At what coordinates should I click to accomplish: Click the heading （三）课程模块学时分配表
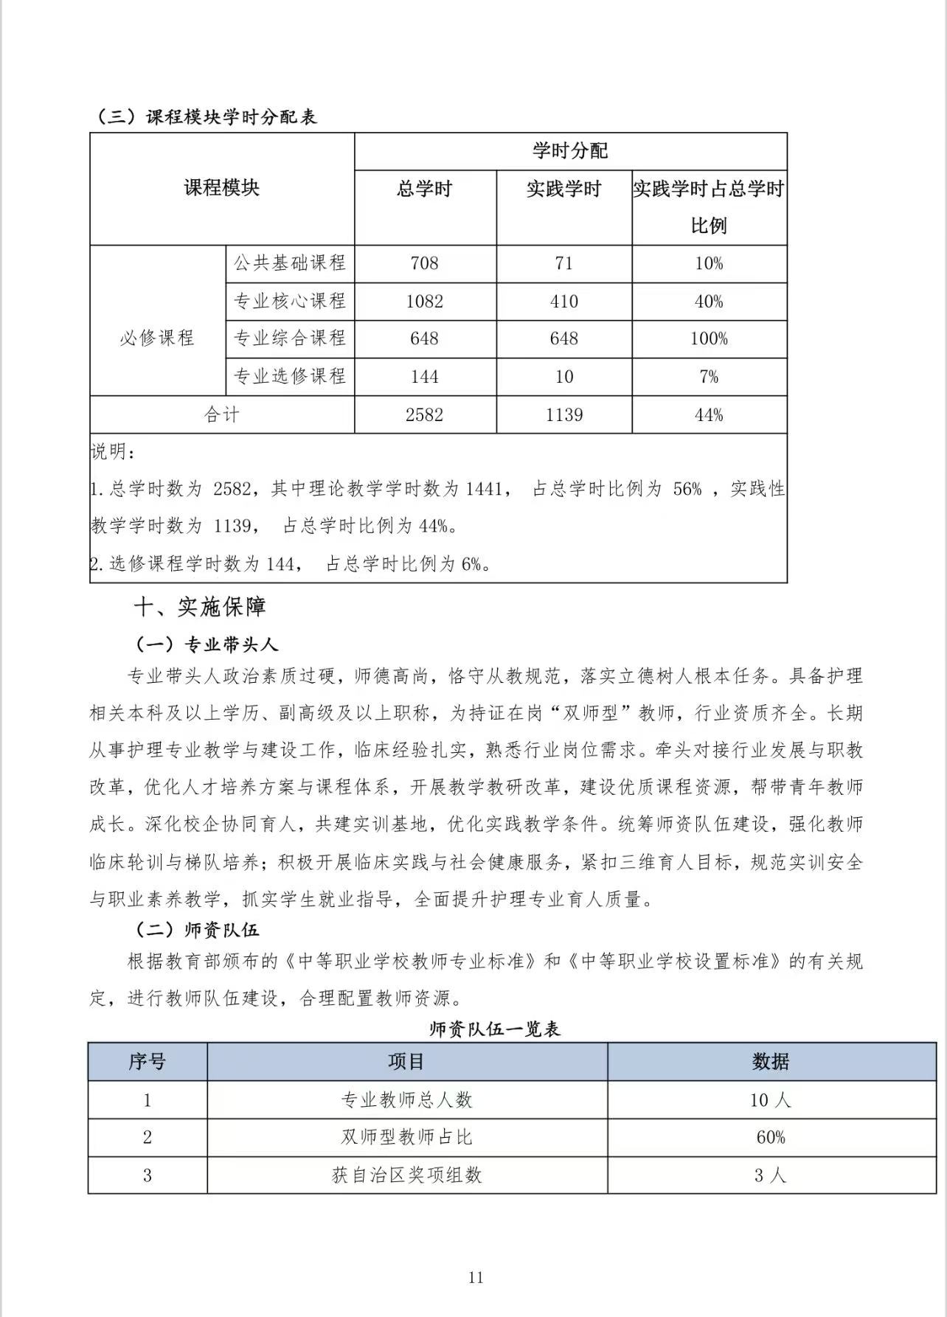click(x=207, y=117)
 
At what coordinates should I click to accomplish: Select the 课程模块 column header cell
click(x=222, y=188)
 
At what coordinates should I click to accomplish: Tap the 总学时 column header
click(x=424, y=190)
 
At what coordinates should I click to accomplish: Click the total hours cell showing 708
click(x=424, y=263)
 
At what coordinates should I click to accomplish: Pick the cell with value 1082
click(x=424, y=302)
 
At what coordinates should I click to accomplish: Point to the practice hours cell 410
click(x=563, y=302)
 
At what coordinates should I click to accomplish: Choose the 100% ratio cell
click(x=709, y=339)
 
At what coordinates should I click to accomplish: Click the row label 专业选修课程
click(x=290, y=377)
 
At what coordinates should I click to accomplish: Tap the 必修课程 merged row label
click(x=157, y=338)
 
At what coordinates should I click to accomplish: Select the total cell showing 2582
click(x=424, y=415)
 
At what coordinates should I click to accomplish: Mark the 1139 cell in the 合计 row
click(x=563, y=415)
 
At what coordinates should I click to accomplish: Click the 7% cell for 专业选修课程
click(x=709, y=377)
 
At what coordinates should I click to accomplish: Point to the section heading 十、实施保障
click(x=199, y=608)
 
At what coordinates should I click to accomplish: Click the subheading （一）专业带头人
click(x=206, y=644)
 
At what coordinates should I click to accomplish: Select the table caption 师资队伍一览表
click(x=495, y=1029)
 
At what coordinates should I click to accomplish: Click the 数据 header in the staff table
click(x=771, y=1062)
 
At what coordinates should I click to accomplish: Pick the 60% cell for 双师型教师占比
click(x=771, y=1138)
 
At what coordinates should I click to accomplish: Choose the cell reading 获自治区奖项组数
click(x=406, y=1175)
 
